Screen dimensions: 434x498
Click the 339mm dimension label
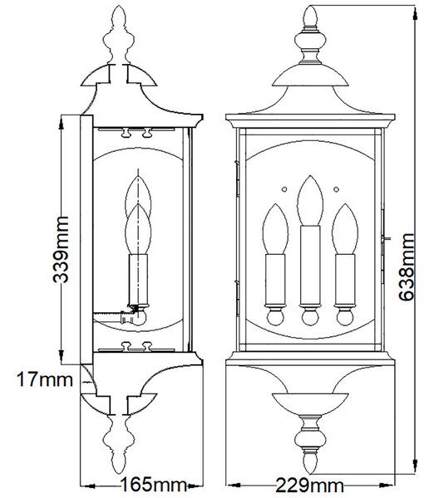point(61,249)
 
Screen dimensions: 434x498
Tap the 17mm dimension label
point(45,379)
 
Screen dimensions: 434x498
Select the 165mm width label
point(153,485)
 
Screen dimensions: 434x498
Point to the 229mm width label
point(309,486)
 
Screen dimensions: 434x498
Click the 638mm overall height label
point(407,266)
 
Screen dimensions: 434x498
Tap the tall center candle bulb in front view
point(310,201)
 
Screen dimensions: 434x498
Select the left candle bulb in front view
point(275,229)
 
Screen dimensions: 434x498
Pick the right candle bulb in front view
point(345,229)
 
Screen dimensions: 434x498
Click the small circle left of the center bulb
point(284,189)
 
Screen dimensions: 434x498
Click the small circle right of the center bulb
point(337,189)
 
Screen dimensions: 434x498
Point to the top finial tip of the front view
point(310,6)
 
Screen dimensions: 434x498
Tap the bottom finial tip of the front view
point(310,473)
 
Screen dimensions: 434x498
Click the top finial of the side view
point(118,35)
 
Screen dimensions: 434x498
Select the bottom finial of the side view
point(118,445)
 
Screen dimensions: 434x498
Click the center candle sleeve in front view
point(310,266)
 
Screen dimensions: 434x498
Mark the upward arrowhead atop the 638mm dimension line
point(415,14)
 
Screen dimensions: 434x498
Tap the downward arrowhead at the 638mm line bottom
point(415,466)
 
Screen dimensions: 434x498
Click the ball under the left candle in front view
point(275,317)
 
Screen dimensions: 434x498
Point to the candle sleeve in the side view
point(138,280)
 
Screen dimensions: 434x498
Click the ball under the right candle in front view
point(345,317)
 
